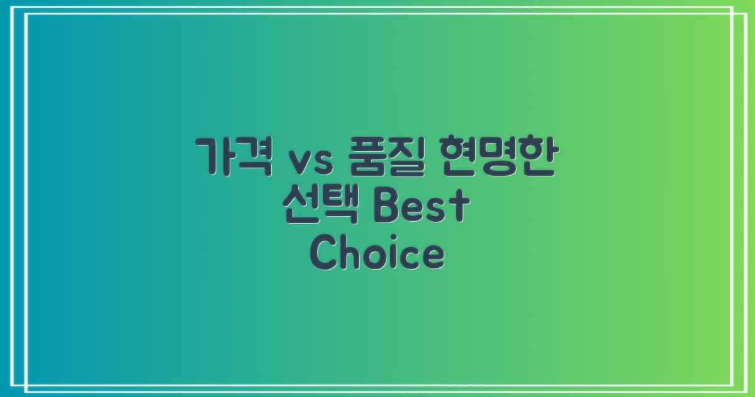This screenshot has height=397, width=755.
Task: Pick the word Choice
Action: [x=377, y=255]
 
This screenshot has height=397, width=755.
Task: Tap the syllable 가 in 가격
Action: [x=213, y=158]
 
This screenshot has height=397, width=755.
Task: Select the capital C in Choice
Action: [x=325, y=255]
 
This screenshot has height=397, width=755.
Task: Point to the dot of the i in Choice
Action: [x=389, y=240]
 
